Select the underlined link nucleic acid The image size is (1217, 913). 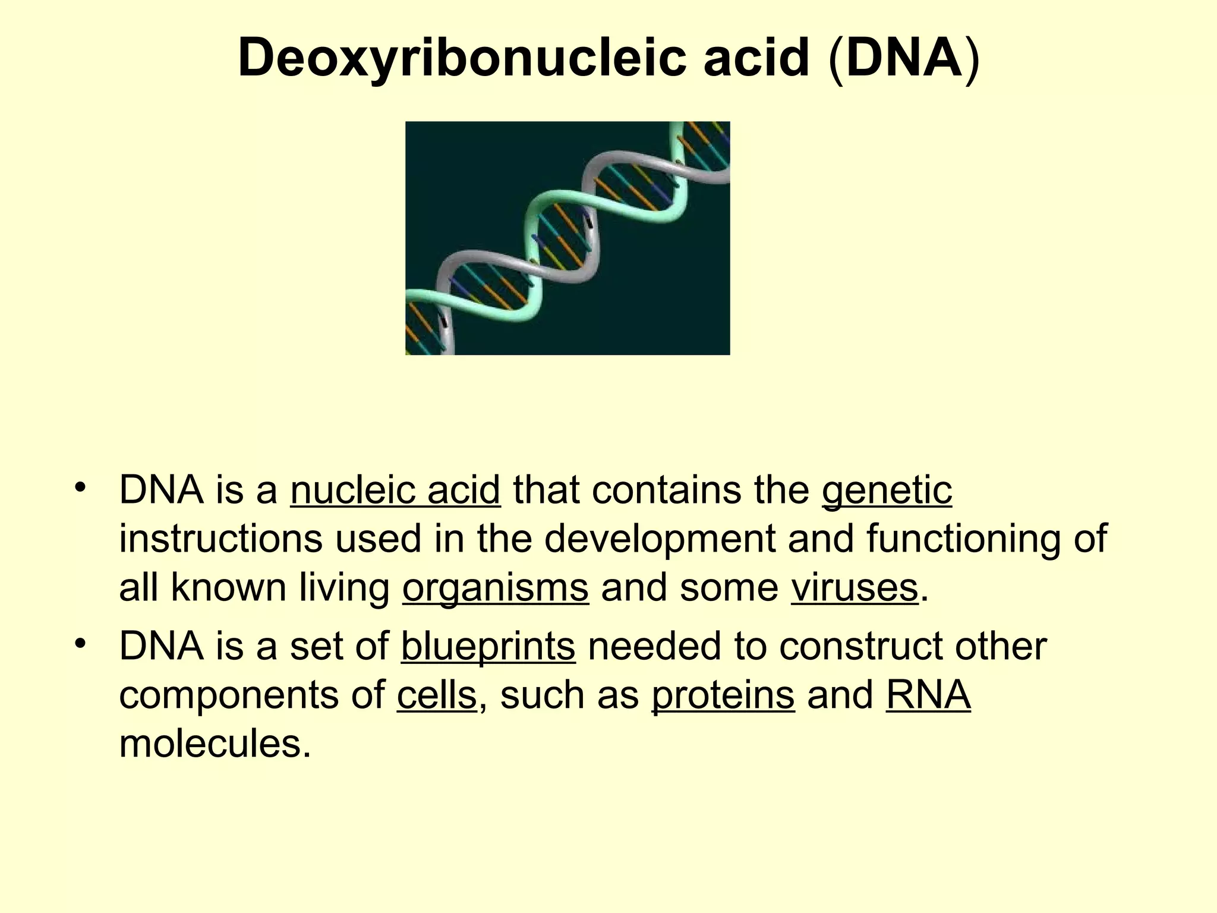point(395,490)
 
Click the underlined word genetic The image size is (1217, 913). point(887,490)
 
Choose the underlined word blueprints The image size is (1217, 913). point(488,646)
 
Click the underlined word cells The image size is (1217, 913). point(436,695)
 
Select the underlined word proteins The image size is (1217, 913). point(723,695)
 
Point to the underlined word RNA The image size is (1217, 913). point(928,695)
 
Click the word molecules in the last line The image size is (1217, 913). point(215,744)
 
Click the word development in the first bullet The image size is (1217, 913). point(660,539)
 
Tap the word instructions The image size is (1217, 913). point(220,539)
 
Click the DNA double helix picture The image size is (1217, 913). point(567,238)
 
